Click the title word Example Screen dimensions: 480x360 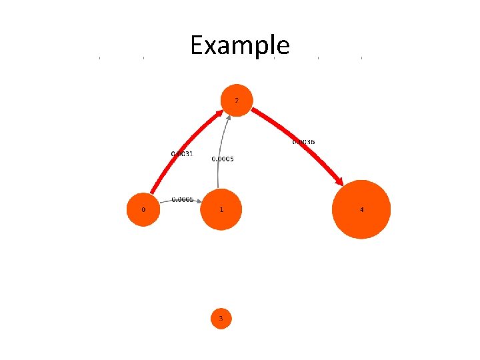[x=240, y=45]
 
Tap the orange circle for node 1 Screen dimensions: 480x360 [x=221, y=209]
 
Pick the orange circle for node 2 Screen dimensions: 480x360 [x=236, y=100]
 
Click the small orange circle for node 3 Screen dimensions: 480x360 [x=221, y=319]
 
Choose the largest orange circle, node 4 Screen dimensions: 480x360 [x=361, y=209]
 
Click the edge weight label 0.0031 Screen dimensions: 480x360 [x=182, y=154]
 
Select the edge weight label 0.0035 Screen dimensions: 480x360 [x=303, y=142]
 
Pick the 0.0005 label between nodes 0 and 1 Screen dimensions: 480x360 [x=183, y=199]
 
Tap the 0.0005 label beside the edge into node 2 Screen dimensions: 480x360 [x=223, y=159]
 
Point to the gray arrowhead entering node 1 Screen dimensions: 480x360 [x=198, y=203]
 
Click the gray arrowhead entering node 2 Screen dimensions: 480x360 [x=229, y=118]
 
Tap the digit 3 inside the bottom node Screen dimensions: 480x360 [x=221, y=319]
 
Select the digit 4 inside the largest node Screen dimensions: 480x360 [x=361, y=209]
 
